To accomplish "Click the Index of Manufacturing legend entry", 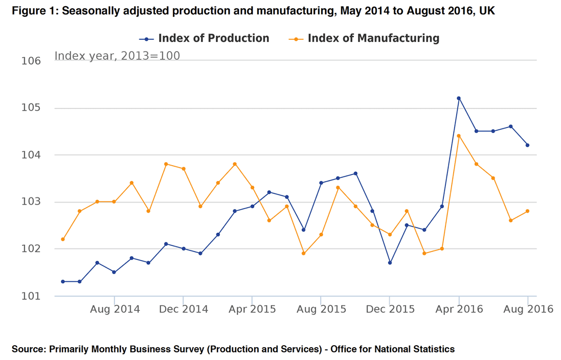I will click(373, 38).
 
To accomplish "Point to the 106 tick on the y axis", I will click(31, 61).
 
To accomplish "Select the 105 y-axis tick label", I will click(31, 108).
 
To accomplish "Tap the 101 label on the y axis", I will click(31, 296).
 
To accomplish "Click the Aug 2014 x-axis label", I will click(115, 309).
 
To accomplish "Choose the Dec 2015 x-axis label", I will click(389, 309).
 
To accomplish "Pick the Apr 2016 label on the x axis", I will click(458, 309).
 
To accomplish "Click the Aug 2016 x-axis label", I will click(528, 309).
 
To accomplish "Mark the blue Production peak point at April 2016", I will click(459, 98).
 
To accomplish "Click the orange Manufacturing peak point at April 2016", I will click(459, 136).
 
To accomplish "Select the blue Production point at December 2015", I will click(390, 263).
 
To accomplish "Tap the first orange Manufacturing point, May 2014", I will click(62, 239).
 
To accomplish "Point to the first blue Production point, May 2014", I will click(62, 282).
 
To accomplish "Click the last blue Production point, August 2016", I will click(528, 145).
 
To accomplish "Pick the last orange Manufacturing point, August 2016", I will click(528, 211).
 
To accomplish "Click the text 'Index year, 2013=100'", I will click(117, 56).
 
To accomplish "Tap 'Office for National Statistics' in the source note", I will click(393, 349).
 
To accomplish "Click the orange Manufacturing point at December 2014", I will click(183, 169).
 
